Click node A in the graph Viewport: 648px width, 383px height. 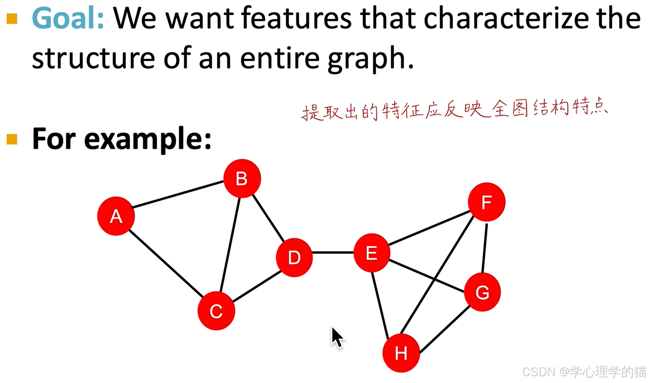click(116, 216)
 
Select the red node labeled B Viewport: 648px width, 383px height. click(242, 178)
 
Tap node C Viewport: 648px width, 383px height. click(216, 311)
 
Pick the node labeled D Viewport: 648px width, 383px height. click(294, 257)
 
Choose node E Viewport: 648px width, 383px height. click(372, 253)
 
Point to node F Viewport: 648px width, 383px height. click(486, 202)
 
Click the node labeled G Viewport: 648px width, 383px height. click(482, 292)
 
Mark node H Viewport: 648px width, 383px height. click(401, 353)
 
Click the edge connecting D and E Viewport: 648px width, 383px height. click(333, 253)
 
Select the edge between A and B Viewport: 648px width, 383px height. click(178, 194)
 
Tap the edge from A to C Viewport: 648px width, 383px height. click(166, 264)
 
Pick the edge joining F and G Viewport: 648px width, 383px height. click(485, 247)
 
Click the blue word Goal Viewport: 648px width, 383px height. click(68, 18)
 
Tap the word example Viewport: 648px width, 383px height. click(148, 139)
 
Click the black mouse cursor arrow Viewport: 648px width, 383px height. click(337, 338)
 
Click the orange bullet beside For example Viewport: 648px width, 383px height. click(12, 139)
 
